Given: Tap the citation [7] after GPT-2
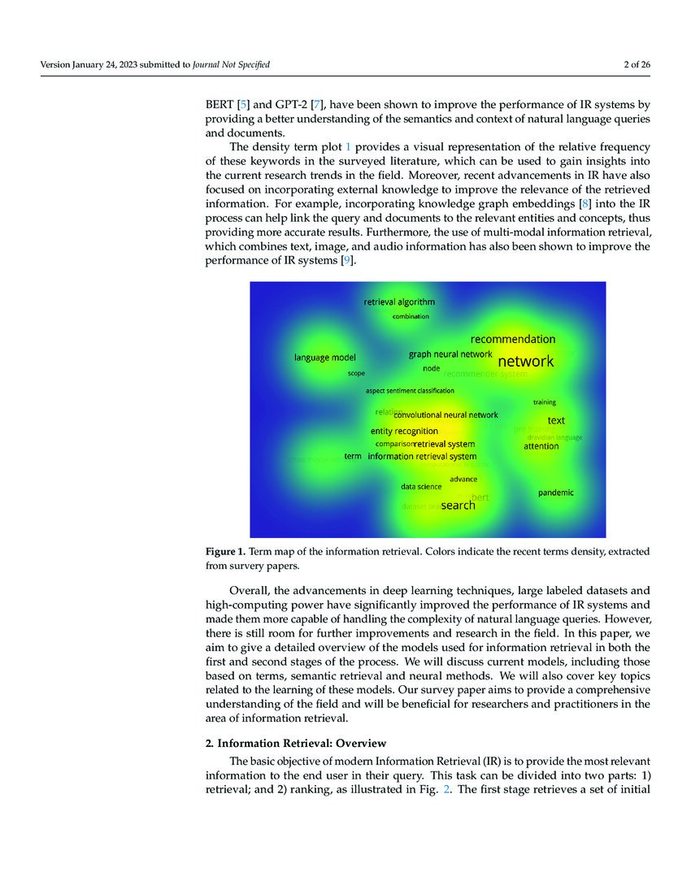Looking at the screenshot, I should coord(319,105).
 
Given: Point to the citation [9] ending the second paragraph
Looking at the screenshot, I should coord(347,260).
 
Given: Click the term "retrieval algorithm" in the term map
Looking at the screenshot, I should coord(399,302).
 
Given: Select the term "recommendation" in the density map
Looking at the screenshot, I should coord(513,339).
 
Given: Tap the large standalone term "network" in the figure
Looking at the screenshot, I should coord(525,361).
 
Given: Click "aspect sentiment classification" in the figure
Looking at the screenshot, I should coord(410,391).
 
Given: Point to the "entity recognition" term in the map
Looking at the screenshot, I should coord(404,431).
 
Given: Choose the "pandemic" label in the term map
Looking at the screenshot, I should coord(555,493).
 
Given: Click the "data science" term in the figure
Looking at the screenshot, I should coord(421,487).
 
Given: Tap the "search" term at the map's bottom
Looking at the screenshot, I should coord(458,506).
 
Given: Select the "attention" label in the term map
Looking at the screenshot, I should coord(541,446).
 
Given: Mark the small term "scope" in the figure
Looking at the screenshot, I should coord(356,374).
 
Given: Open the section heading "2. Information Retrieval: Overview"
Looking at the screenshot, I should coord(294,744).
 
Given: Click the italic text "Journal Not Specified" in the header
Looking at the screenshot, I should coord(231,65).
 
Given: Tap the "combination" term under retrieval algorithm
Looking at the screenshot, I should coord(411,316).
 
